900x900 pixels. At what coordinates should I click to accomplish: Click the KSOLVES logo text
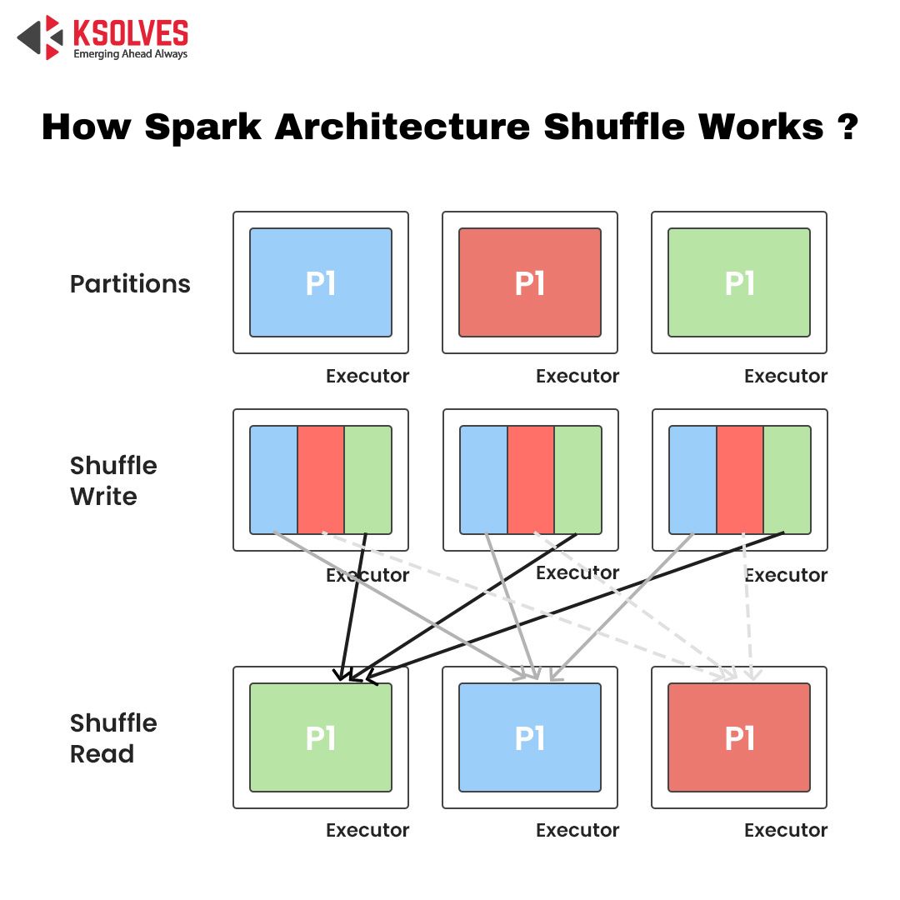pos(130,32)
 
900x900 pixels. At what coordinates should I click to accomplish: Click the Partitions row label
pos(130,284)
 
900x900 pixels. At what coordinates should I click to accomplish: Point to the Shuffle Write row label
pos(113,481)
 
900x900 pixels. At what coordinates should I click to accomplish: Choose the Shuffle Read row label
pos(113,738)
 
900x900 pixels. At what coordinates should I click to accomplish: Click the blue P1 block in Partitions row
pos(321,282)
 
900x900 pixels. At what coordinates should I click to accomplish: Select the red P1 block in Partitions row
pos(530,282)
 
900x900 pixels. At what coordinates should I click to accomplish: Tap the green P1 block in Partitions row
pos(739,282)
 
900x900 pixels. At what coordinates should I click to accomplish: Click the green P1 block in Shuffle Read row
pos(321,737)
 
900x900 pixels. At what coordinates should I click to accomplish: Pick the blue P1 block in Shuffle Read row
pos(530,737)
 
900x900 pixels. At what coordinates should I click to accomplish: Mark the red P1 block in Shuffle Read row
pos(739,737)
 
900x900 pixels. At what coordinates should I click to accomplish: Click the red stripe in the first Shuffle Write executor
pos(321,479)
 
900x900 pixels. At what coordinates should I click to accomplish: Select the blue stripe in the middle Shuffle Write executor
pos(484,479)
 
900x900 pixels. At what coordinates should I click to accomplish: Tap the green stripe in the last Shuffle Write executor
pos(787,479)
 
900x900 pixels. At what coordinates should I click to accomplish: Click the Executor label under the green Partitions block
pos(786,376)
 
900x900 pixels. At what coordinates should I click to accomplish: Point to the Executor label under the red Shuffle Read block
pos(786,830)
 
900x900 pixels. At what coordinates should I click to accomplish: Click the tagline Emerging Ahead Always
pos(130,54)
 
